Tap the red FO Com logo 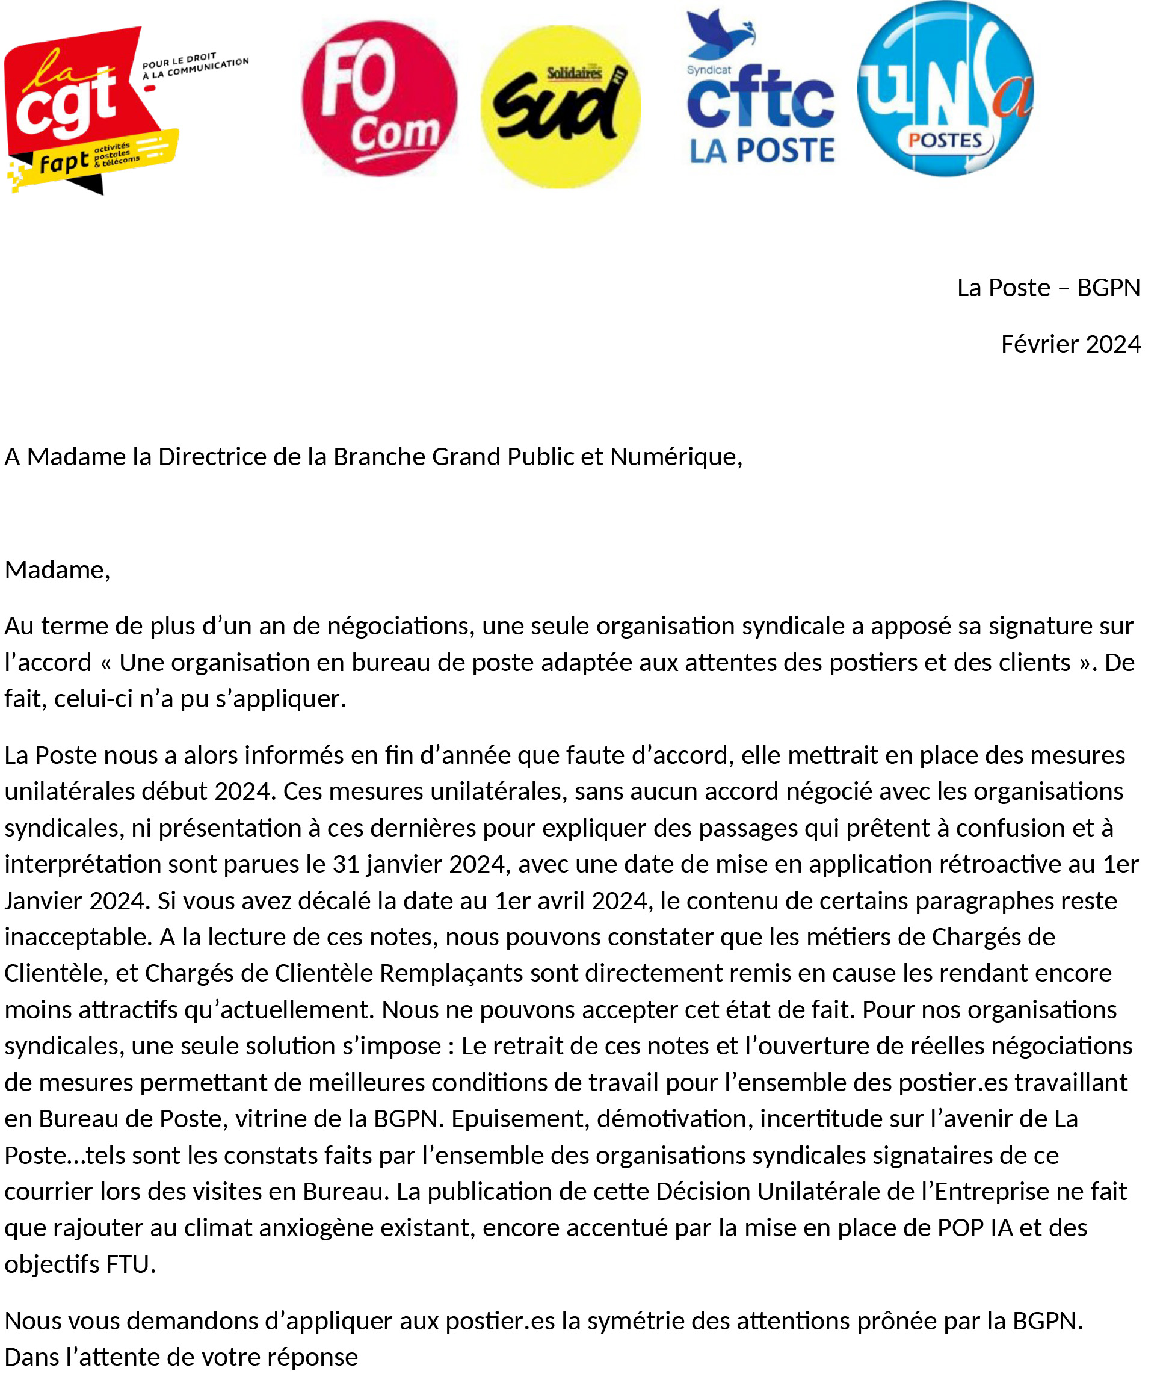pos(380,99)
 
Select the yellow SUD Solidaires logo pos(561,107)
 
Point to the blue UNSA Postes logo pos(945,89)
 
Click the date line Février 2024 pos(1070,344)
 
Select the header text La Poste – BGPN pos(1048,288)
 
